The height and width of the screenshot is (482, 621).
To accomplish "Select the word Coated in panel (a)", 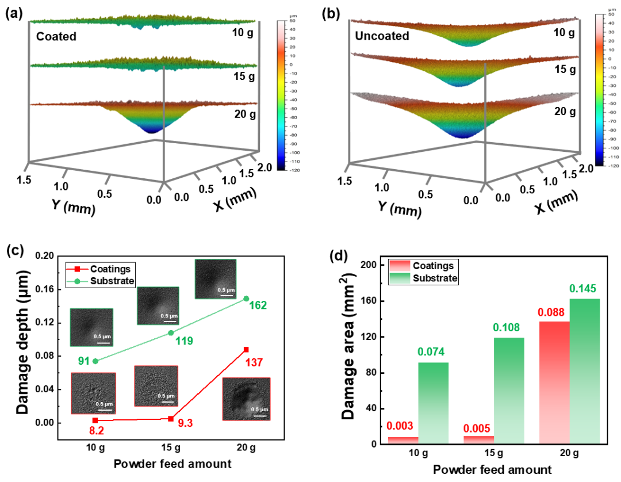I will [56, 37].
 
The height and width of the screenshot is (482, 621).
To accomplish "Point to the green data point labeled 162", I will [246, 299].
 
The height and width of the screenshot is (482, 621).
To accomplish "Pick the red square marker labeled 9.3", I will [170, 419].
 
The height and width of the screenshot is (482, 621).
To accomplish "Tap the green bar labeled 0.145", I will [583, 371].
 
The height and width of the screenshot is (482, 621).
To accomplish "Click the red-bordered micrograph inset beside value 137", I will [246, 399].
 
